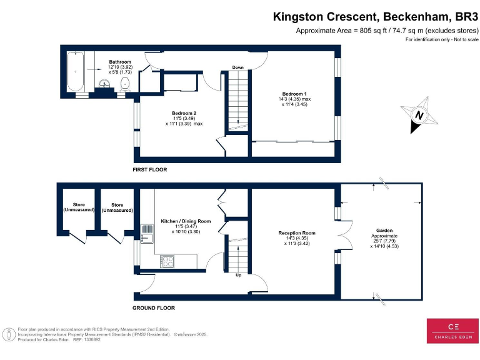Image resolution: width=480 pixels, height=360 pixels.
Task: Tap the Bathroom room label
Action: click(x=120, y=62)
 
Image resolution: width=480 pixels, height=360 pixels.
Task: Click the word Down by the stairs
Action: click(x=238, y=67)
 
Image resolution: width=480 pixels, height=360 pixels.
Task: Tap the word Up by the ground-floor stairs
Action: click(x=237, y=274)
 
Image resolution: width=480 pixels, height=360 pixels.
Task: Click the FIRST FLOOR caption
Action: click(x=149, y=170)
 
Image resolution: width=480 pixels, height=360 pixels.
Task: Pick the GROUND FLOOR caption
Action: click(x=154, y=308)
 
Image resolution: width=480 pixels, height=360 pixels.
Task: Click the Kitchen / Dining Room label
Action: click(x=186, y=221)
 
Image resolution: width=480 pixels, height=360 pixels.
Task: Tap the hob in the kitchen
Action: click(x=168, y=262)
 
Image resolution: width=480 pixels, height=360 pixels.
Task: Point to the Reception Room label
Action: click(x=296, y=233)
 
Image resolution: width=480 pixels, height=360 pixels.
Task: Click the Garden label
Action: click(x=384, y=230)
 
